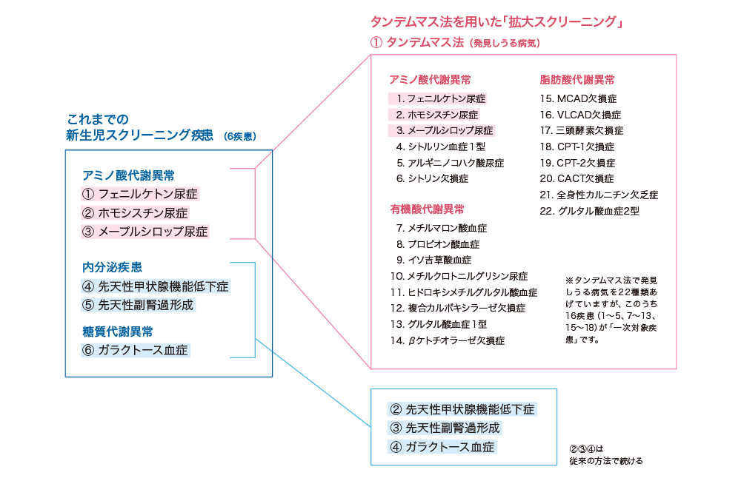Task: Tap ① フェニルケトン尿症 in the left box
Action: click(x=141, y=194)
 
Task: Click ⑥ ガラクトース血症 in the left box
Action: click(x=136, y=350)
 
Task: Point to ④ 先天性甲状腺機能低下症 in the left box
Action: click(x=156, y=286)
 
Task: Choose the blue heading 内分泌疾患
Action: click(x=112, y=267)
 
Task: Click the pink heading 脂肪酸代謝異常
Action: click(x=576, y=80)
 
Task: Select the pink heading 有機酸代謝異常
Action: click(x=428, y=209)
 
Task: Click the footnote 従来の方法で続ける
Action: click(x=606, y=460)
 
